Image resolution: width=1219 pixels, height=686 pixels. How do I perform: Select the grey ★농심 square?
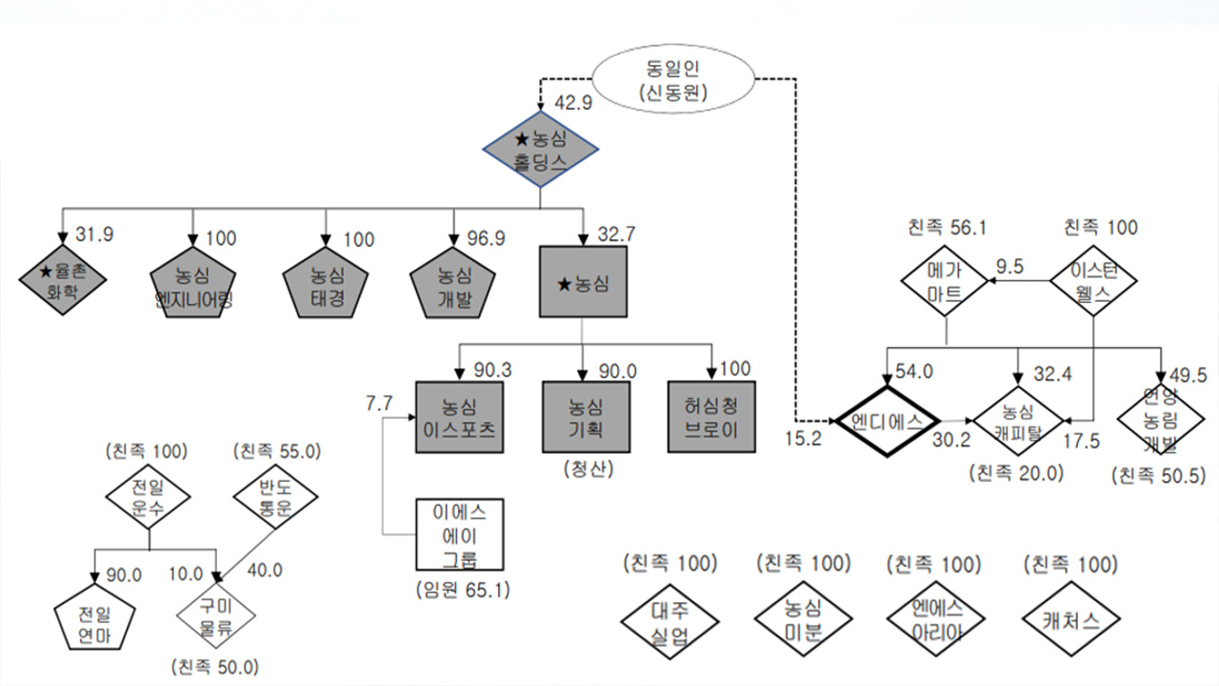pos(583,282)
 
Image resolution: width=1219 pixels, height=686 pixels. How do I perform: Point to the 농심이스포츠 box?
pos(460,416)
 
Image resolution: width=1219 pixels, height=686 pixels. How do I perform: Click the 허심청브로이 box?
pos(710,416)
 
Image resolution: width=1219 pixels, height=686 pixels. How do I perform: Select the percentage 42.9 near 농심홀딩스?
pos(573,102)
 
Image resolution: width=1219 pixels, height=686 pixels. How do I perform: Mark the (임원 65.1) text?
pos(462,589)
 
